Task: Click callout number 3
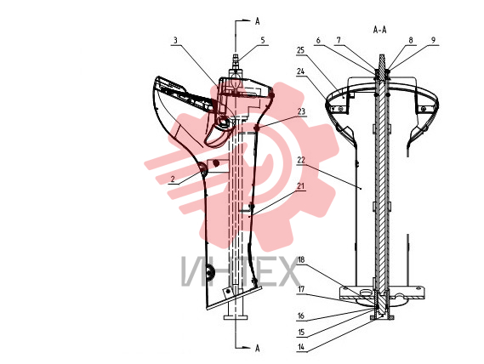click(x=175, y=41)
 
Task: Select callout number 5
click(x=263, y=41)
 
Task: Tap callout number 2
click(x=173, y=179)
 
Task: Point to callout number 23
click(x=301, y=111)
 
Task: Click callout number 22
click(x=301, y=160)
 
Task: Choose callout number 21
click(x=300, y=186)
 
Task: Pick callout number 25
click(x=300, y=50)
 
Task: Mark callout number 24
click(x=300, y=71)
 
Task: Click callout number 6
click(x=318, y=41)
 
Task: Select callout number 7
click(x=339, y=41)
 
